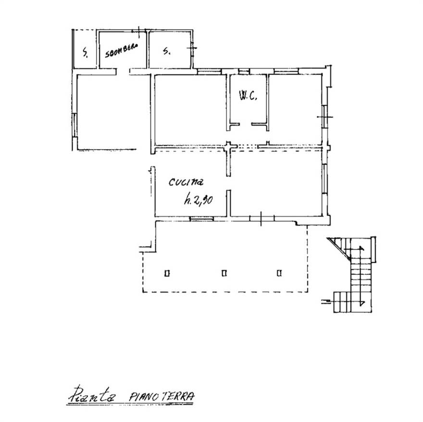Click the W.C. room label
pos(248,96)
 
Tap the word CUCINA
pos(186,182)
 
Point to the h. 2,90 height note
pos(199,200)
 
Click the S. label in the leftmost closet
pos(85,52)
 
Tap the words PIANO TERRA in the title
pos(162,396)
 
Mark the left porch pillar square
pos(167,273)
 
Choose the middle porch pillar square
pos(224,273)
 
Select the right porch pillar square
pos(279,273)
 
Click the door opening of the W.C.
pos(246,124)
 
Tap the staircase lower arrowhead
pos(362,303)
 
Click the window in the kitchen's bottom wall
pos(202,218)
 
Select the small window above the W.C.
pos(244,72)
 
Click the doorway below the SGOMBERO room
pos(123,72)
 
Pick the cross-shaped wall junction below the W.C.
pos(229,146)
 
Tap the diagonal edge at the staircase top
pos(338,249)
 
